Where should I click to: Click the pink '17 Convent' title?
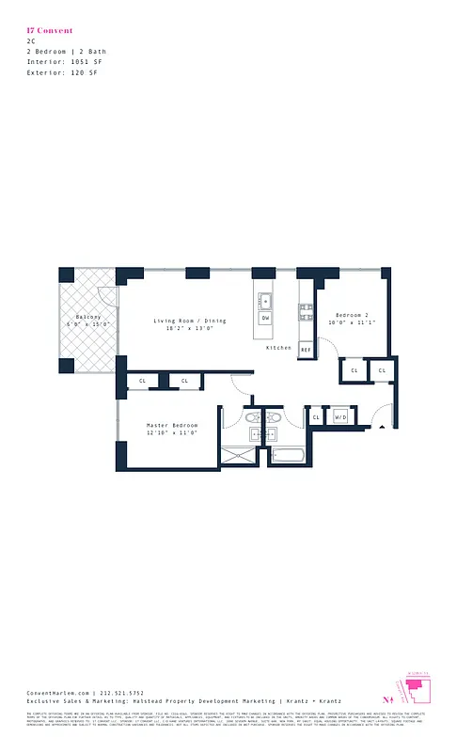(50, 31)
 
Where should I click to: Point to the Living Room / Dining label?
(190, 321)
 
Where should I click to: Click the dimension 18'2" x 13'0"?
(191, 329)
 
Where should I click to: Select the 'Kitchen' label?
(278, 348)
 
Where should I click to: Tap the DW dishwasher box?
(266, 319)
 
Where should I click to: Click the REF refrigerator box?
(305, 350)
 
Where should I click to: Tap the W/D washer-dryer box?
(340, 416)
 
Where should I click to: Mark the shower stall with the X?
(243, 458)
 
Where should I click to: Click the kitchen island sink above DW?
(266, 301)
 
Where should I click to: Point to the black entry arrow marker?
(382, 428)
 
